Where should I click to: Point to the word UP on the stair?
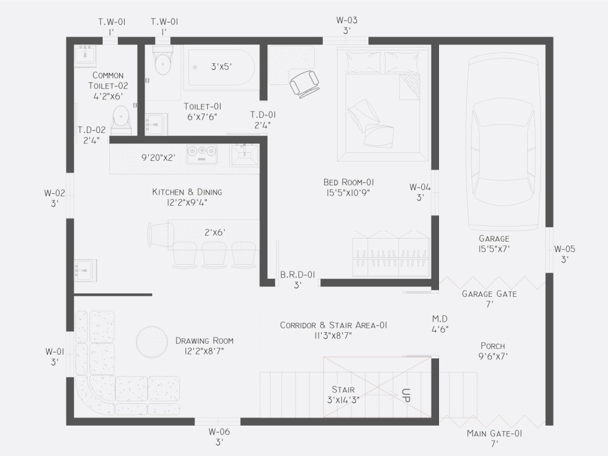tap(406, 396)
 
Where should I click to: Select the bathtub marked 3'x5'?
tap(221, 69)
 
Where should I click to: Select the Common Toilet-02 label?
tap(108, 86)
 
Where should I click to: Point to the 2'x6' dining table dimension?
tap(215, 232)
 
